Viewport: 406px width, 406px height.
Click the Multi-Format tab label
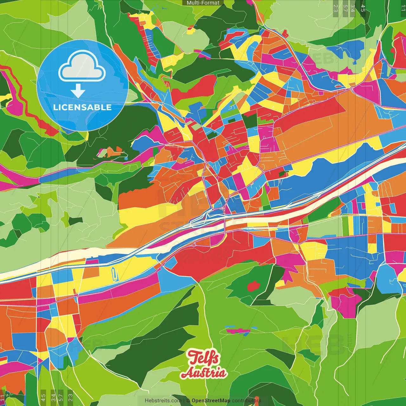[x=203, y=3]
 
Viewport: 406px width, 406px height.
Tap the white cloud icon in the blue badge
[x=82, y=67]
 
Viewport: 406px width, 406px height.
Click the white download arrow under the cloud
[x=78, y=91]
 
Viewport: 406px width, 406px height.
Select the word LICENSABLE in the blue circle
[x=82, y=107]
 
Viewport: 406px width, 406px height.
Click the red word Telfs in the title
[x=203, y=358]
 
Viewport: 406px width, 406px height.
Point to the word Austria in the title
[x=204, y=373]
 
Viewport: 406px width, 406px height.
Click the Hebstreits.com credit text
[x=163, y=401]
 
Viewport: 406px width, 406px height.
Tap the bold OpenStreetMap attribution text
[x=211, y=401]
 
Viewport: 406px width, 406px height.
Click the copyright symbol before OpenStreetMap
[x=188, y=401]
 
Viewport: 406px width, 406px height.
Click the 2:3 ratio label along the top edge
[x=336, y=8]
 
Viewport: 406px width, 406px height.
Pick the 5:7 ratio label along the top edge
[x=345, y=8]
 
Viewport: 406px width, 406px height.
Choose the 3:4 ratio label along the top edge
[x=353, y=8]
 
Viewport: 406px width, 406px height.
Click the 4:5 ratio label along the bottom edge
[x=43, y=397]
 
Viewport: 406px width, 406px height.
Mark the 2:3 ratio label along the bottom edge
[x=70, y=397]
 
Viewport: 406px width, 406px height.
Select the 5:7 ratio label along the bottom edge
[x=61, y=397]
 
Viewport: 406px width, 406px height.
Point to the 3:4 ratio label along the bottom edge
[x=53, y=397]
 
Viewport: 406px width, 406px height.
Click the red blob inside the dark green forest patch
[x=253, y=286]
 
